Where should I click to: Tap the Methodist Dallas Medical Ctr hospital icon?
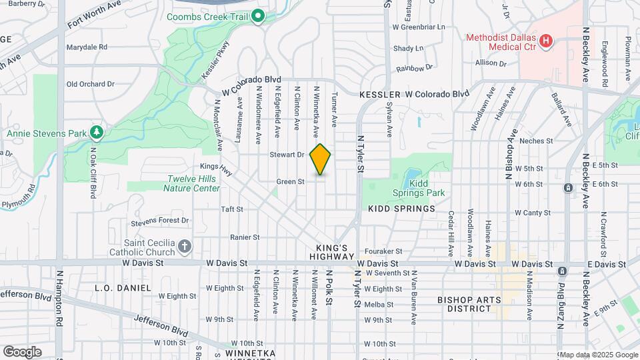pos(546,41)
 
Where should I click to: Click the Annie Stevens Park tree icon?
pos(97,133)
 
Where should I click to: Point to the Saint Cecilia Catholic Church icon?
pos(185,247)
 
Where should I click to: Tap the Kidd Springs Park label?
pos(426,187)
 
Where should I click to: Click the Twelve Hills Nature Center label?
pos(193,183)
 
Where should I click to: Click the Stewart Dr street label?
pos(287,155)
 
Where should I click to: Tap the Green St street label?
pos(291,181)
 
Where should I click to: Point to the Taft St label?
pos(231,209)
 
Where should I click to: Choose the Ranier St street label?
pos(244,237)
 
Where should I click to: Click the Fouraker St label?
pos(389,251)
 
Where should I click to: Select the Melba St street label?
pos(378,305)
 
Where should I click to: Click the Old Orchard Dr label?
pos(91,84)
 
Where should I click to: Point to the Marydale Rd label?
pos(87,47)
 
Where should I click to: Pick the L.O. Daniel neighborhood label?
pos(123,288)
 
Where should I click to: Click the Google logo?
pos(21,351)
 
